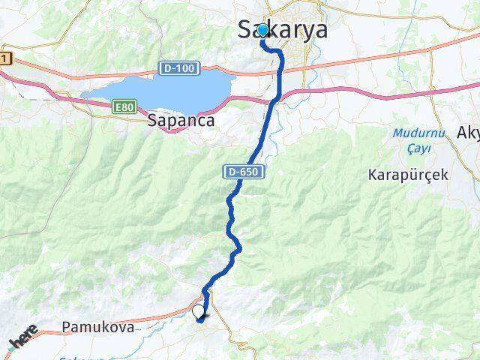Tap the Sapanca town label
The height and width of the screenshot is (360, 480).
[181, 119]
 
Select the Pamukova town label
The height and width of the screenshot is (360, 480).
[98, 328]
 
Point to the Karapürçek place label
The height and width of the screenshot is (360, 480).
[408, 174]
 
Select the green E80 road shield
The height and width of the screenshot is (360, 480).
[124, 108]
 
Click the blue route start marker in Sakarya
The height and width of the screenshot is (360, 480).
[262, 30]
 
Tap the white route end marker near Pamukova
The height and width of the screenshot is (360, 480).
[198, 311]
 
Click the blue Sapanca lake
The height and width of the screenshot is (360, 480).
[165, 86]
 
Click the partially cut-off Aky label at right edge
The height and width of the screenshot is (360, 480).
[468, 133]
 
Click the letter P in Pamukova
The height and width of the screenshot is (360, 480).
[67, 328]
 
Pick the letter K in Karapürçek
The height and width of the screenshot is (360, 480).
[373, 174]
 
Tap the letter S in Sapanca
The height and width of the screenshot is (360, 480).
[153, 119]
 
